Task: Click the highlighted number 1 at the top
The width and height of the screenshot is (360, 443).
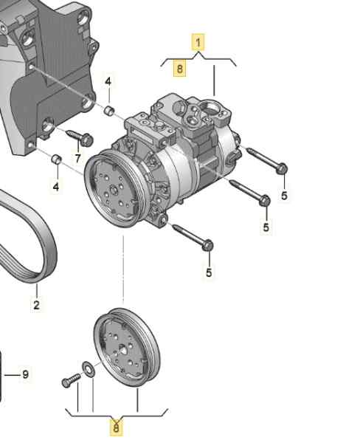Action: click(x=198, y=42)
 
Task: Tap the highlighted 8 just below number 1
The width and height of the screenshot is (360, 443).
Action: click(x=179, y=69)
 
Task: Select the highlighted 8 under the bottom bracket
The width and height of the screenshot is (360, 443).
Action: click(x=116, y=427)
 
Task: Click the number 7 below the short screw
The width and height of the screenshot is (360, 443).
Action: click(x=78, y=158)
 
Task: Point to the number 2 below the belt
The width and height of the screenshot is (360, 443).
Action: click(x=36, y=305)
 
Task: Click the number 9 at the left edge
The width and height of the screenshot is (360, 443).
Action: click(x=25, y=374)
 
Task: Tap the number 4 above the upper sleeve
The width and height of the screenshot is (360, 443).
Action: click(x=108, y=82)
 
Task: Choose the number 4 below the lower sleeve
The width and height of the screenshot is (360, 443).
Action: click(x=56, y=187)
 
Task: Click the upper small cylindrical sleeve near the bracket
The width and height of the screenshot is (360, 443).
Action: click(x=109, y=110)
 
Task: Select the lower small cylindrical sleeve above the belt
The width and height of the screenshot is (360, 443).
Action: click(x=57, y=159)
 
